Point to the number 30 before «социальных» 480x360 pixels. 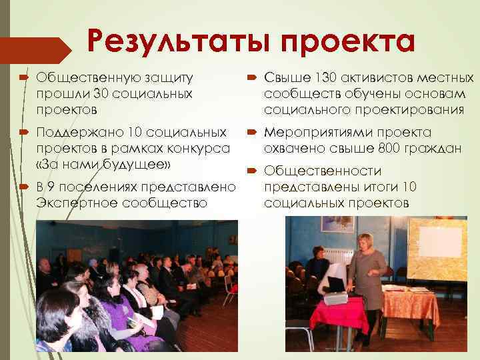click(x=101, y=94)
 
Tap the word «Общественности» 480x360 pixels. click(x=313, y=172)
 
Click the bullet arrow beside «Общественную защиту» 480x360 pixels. click(x=24, y=79)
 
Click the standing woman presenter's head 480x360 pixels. click(x=365, y=241)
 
